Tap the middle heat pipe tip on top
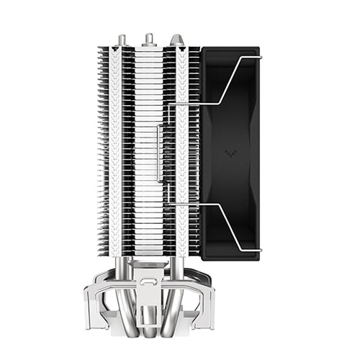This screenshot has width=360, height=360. tap(149, 38)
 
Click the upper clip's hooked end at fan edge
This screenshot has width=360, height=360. tap(259, 57)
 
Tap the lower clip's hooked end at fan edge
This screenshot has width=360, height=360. tap(259, 249)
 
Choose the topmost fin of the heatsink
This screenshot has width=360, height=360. tap(149, 50)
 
